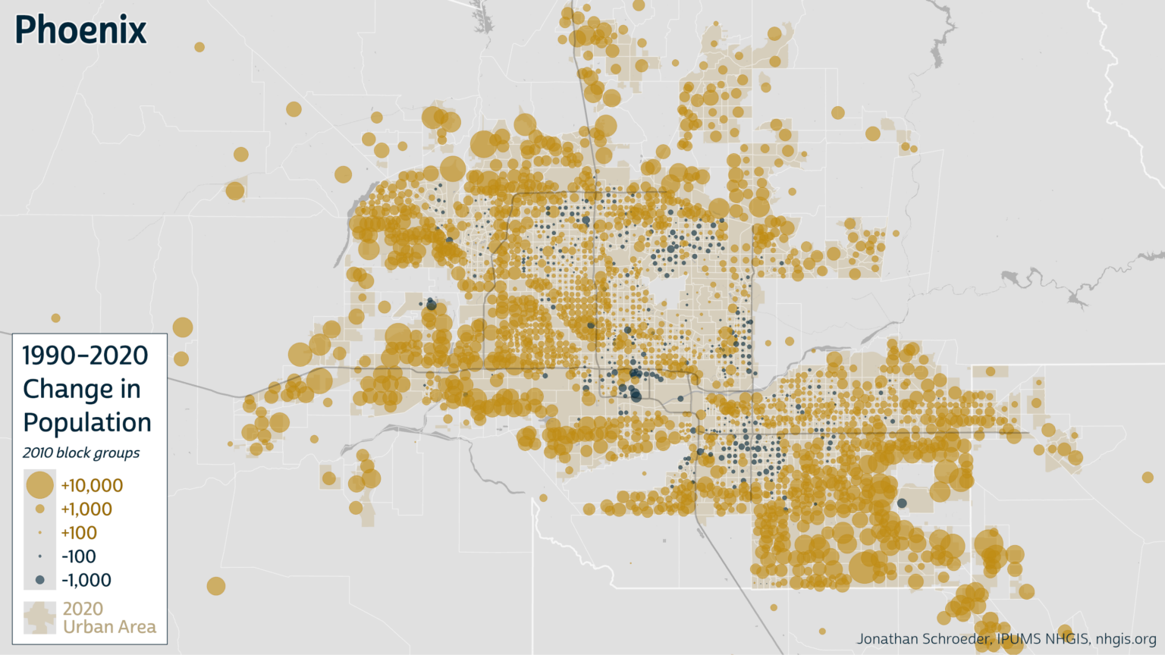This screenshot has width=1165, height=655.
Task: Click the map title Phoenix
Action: point(80,30)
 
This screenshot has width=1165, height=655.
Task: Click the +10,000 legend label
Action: point(92,485)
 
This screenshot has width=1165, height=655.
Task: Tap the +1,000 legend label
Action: point(86,509)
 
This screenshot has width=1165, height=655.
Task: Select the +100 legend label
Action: point(79,533)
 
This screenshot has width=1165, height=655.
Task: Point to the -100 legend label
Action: point(79,556)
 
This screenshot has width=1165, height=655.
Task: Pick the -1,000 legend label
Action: point(86,580)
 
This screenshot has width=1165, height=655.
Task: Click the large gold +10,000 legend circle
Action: point(39,484)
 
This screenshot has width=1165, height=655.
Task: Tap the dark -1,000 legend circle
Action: point(40,580)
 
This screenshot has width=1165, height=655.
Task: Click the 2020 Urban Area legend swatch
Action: point(39,618)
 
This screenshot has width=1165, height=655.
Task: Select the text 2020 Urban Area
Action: point(109,618)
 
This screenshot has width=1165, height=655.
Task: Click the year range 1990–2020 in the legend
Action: point(85,355)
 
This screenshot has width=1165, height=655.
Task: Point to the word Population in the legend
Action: point(87,422)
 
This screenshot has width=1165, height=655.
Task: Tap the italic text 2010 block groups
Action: point(81,453)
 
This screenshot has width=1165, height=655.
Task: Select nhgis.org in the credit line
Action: point(1126,639)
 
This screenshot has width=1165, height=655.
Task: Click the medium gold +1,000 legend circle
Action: point(40,509)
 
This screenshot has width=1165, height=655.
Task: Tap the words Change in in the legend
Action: point(82,389)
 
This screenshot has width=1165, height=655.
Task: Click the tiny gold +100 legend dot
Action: point(40,533)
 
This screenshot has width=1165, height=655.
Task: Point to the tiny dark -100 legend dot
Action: point(40,556)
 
